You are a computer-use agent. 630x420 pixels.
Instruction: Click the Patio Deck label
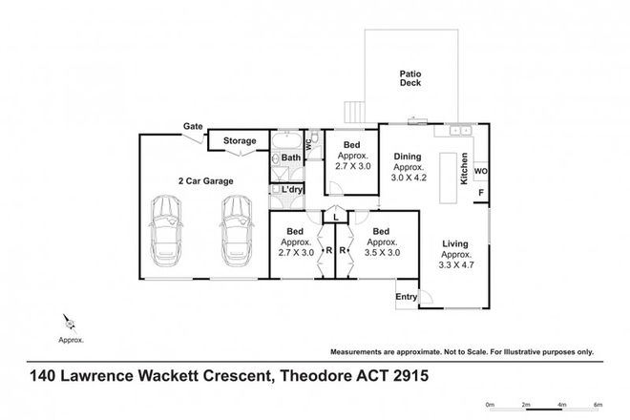click(410, 78)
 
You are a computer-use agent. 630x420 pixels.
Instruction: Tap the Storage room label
click(240, 140)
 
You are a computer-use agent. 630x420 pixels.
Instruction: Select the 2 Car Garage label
click(206, 181)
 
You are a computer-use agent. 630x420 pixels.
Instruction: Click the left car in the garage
click(166, 230)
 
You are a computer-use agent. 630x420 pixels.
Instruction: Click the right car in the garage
click(237, 230)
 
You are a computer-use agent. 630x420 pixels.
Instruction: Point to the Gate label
click(193, 126)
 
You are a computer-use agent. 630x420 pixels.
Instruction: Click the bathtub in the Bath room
click(287, 141)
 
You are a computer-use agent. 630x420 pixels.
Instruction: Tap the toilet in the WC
click(316, 137)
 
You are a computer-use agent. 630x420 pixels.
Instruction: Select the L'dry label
click(292, 189)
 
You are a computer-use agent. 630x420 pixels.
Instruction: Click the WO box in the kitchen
click(481, 171)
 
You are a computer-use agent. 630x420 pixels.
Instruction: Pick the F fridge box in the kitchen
click(481, 194)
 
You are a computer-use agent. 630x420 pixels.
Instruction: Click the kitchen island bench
click(448, 178)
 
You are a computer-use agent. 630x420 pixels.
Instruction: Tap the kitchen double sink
click(460, 130)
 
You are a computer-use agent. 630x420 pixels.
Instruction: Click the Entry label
click(407, 297)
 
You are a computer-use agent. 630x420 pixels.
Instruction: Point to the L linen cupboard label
click(336, 218)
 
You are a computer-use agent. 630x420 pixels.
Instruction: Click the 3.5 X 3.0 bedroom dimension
click(382, 253)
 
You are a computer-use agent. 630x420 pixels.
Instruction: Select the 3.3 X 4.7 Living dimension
click(456, 265)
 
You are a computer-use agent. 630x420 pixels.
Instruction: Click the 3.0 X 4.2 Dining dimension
click(409, 178)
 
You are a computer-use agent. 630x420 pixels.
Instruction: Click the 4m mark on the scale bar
click(561, 405)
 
